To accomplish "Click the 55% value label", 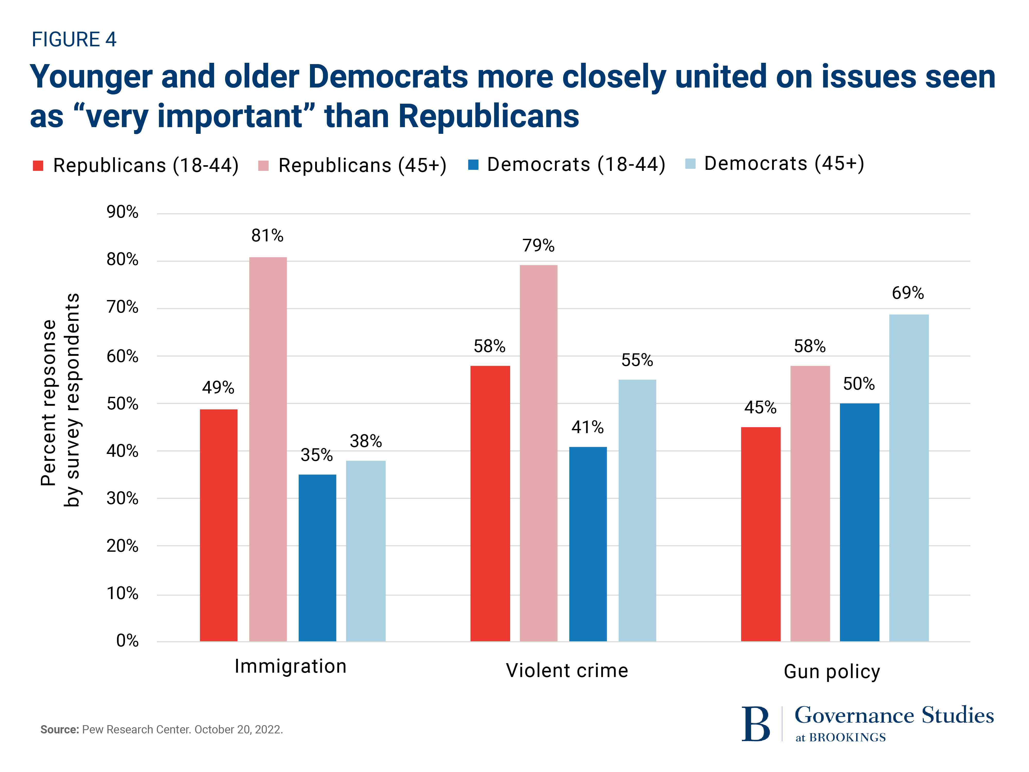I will click(637, 360).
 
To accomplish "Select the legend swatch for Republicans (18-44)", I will click(38, 166).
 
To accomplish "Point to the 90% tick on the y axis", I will click(122, 212).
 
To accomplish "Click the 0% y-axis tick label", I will click(127, 641).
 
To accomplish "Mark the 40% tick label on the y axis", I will click(122, 451).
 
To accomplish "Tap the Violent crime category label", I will click(567, 671).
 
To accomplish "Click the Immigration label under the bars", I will click(290, 666).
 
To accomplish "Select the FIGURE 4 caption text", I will click(74, 40).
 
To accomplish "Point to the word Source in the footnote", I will click(59, 729).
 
